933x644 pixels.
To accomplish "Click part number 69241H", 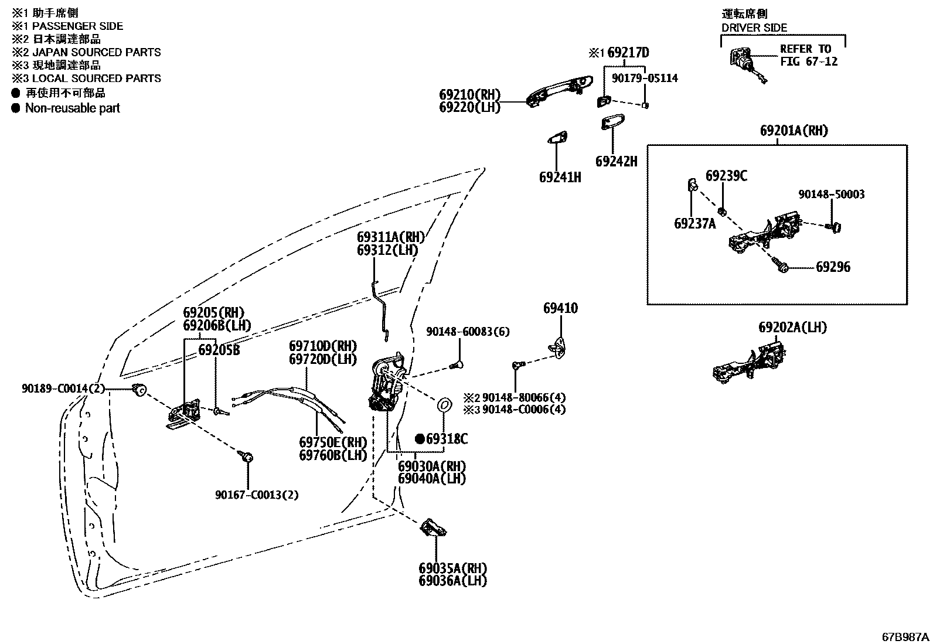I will (560, 177).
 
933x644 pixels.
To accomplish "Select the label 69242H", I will (616, 162).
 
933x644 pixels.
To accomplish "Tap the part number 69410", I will (560, 308).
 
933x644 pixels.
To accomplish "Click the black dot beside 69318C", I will (420, 438).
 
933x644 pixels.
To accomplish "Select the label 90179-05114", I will (645, 78).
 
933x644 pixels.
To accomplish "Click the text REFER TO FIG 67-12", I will (808, 55).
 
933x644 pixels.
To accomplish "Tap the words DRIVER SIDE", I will (754, 28).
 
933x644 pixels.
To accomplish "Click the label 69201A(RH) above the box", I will (794, 131).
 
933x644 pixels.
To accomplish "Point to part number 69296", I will (833, 267).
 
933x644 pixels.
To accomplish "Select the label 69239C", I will (726, 176).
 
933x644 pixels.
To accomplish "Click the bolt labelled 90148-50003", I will (835, 226).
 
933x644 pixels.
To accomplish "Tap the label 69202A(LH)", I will (792, 328).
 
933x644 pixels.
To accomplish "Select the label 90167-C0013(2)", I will (257, 495).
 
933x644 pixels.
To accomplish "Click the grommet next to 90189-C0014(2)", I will (139, 389).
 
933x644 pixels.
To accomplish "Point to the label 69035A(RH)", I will (452, 568).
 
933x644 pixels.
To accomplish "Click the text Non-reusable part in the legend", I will (72, 108).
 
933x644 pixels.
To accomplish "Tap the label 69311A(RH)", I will (390, 237).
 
